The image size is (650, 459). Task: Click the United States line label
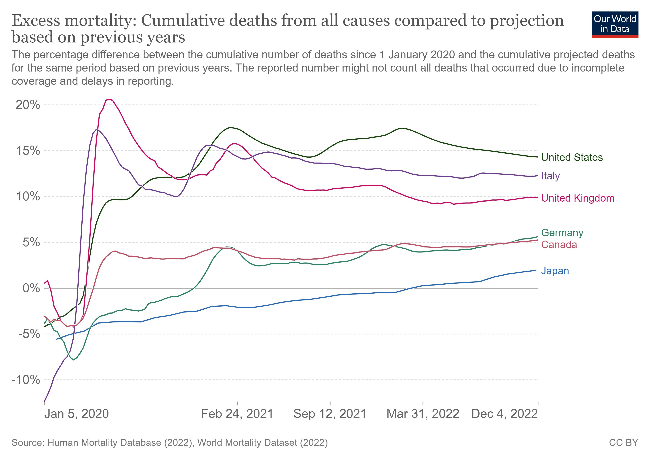[x=572, y=157]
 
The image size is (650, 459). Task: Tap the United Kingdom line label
[x=578, y=198]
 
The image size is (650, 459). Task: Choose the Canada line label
[x=559, y=244]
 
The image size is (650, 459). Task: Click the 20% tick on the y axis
[x=28, y=105]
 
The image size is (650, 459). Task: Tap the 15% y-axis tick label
[x=28, y=151]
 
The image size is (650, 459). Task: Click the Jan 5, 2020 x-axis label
[x=76, y=414]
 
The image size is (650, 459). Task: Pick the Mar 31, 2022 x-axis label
[x=423, y=414]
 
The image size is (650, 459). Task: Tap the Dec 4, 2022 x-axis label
[x=504, y=414]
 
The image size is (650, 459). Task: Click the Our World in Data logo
[x=615, y=25]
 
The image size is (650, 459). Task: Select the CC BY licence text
[x=624, y=442]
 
